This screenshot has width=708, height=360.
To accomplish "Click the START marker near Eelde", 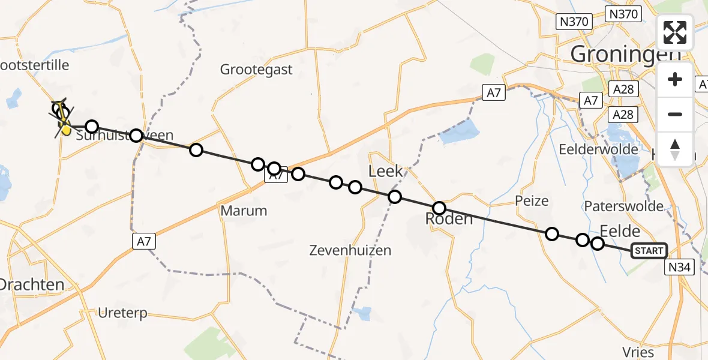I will tap(649, 251).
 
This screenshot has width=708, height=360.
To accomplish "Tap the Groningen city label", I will tap(625, 54).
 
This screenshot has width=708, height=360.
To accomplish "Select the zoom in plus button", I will tap(676, 79).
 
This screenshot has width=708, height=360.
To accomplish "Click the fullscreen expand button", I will tap(676, 32).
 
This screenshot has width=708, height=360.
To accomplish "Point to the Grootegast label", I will tap(256, 70).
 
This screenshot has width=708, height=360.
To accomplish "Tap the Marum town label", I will tap(244, 211).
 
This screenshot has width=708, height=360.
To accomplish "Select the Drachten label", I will tap(31, 284).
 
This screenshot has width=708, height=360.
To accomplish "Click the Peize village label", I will tap(532, 200).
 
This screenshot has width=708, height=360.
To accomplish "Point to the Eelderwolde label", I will tap(606, 149).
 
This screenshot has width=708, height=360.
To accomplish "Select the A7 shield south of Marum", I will tap(142, 241).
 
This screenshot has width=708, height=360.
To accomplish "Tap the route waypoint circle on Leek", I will tap(394, 197).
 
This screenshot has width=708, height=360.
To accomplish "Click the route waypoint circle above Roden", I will tap(439, 208).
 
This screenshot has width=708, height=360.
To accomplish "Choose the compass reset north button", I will tap(676, 149).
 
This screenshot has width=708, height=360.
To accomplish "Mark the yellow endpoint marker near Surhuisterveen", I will tap(65, 128).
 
